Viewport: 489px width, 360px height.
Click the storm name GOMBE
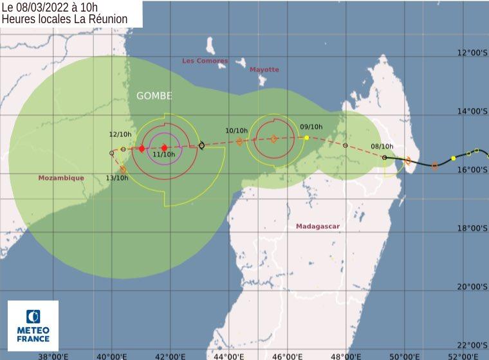click(x=154, y=96)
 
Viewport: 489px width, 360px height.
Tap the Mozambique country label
click(x=61, y=178)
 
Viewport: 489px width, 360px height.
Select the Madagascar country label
click(x=318, y=226)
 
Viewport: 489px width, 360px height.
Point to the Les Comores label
click(x=205, y=61)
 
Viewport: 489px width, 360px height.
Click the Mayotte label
click(x=264, y=69)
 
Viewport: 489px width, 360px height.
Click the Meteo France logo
click(x=33, y=326)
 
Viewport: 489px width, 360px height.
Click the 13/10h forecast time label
click(x=117, y=177)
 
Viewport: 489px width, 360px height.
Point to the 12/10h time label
click(x=120, y=134)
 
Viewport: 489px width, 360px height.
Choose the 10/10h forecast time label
click(x=236, y=130)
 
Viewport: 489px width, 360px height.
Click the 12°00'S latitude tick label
click(x=472, y=53)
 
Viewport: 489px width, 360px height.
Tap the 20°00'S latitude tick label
click(x=472, y=287)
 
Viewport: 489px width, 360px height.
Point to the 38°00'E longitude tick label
click(x=52, y=355)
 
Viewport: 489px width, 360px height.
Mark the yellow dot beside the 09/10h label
click(x=307, y=138)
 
